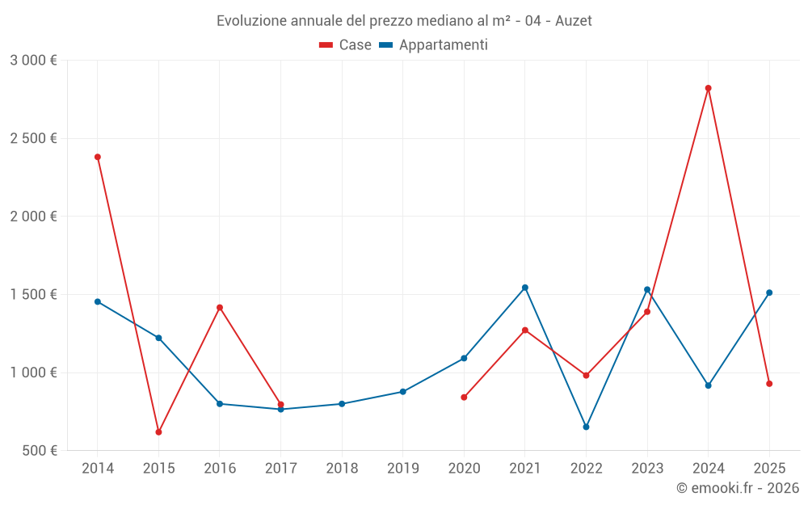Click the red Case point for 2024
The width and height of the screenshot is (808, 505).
(x=708, y=88)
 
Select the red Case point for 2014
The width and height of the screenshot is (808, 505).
(x=98, y=157)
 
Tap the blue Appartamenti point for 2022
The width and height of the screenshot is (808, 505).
(x=586, y=427)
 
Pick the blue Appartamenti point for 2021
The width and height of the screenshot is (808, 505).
(x=525, y=288)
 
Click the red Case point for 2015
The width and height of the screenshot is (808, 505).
(x=158, y=431)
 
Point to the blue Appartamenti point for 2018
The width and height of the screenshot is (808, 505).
(x=342, y=404)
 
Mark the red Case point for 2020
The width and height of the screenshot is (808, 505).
(x=464, y=398)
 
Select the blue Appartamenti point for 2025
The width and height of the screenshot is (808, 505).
(x=769, y=292)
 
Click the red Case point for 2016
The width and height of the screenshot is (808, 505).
(x=220, y=308)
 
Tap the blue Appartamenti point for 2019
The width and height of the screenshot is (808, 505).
(x=403, y=392)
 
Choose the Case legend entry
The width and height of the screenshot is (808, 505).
(x=345, y=44)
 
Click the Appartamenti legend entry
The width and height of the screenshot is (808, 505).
(x=433, y=44)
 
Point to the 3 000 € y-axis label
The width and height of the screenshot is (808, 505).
(x=33, y=61)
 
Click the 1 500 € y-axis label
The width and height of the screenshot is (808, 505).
(x=33, y=294)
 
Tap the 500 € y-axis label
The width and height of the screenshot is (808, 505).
(x=40, y=450)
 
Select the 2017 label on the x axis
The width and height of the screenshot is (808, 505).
(x=281, y=468)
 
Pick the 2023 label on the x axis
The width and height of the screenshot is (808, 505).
(x=647, y=468)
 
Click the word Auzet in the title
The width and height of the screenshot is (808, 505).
(x=574, y=21)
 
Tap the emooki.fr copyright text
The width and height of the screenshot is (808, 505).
(x=738, y=487)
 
